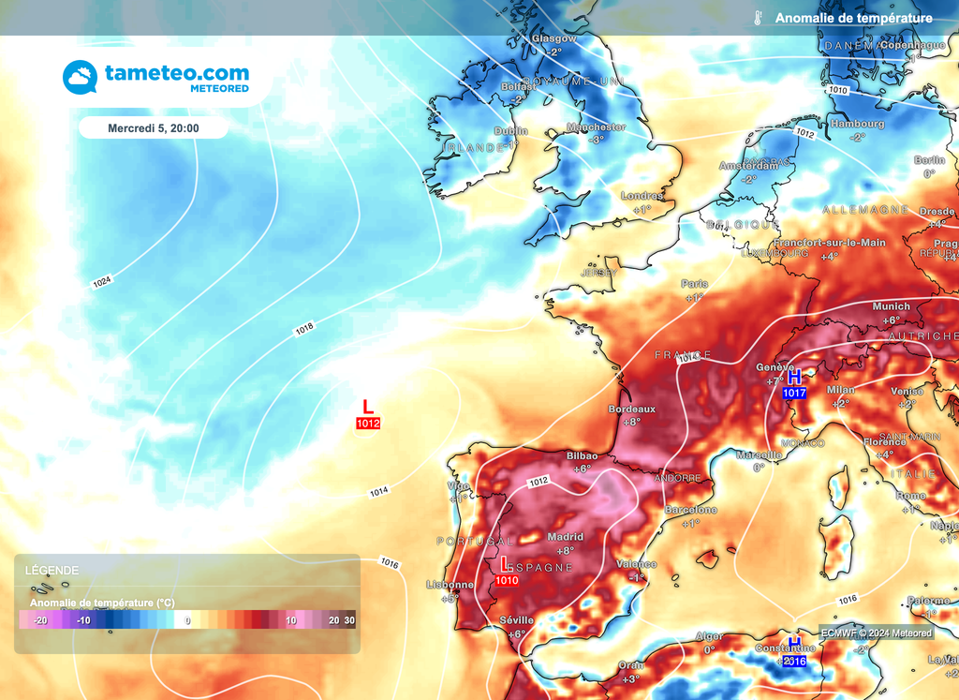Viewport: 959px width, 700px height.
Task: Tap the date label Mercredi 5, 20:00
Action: [154, 127]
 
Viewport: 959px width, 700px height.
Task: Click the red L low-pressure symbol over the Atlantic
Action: [368, 407]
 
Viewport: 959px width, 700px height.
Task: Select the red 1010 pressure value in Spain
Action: [507, 580]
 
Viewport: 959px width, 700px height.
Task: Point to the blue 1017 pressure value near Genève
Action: [794, 393]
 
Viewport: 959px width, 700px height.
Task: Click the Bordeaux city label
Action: [632, 410]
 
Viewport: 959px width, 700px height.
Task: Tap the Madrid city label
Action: [565, 537]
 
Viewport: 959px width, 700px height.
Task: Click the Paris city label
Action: [695, 284]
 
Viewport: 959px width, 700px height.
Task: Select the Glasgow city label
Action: [553, 39]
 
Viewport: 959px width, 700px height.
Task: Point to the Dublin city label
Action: [510, 131]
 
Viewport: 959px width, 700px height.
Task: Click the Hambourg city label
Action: [857, 124]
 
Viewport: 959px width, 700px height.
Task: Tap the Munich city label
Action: [891, 306]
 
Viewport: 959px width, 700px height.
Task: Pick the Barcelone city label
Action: [690, 510]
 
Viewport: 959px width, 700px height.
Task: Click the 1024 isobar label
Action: [102, 281]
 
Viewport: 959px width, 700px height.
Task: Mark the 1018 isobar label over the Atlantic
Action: [304, 328]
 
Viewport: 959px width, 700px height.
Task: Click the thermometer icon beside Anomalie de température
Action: [757, 18]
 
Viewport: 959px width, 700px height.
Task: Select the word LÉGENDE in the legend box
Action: [52, 570]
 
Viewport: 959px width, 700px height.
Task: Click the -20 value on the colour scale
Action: [40, 620]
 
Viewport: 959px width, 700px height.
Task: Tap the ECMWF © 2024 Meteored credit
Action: [877, 633]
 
